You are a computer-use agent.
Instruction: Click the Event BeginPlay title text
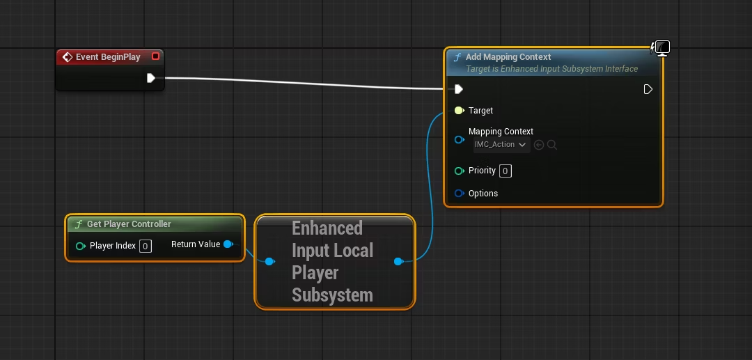pos(108,57)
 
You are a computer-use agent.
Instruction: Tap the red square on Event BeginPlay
pos(155,56)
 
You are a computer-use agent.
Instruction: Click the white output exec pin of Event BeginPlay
pos(151,78)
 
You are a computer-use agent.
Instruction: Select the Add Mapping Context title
pos(508,57)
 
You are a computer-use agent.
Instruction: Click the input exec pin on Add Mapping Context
pos(458,89)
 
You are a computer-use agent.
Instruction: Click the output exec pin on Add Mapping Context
pos(648,89)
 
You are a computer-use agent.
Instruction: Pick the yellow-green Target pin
pos(459,111)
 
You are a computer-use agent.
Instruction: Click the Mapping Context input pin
pos(459,140)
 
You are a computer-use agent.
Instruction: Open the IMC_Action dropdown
pos(501,145)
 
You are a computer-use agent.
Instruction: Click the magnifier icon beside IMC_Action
pos(552,145)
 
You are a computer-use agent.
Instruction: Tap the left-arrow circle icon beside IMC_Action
pos(539,145)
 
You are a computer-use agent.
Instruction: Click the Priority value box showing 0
pos(506,171)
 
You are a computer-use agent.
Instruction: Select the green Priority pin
pos(459,171)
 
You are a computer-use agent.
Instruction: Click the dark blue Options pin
pos(459,193)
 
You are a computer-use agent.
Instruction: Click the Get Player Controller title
pos(129,224)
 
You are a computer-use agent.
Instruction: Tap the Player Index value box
pos(146,246)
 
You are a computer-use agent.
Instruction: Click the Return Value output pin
pos(228,244)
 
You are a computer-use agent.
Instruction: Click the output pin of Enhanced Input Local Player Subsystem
pos(398,261)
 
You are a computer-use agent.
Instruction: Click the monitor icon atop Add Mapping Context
pos(662,48)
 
